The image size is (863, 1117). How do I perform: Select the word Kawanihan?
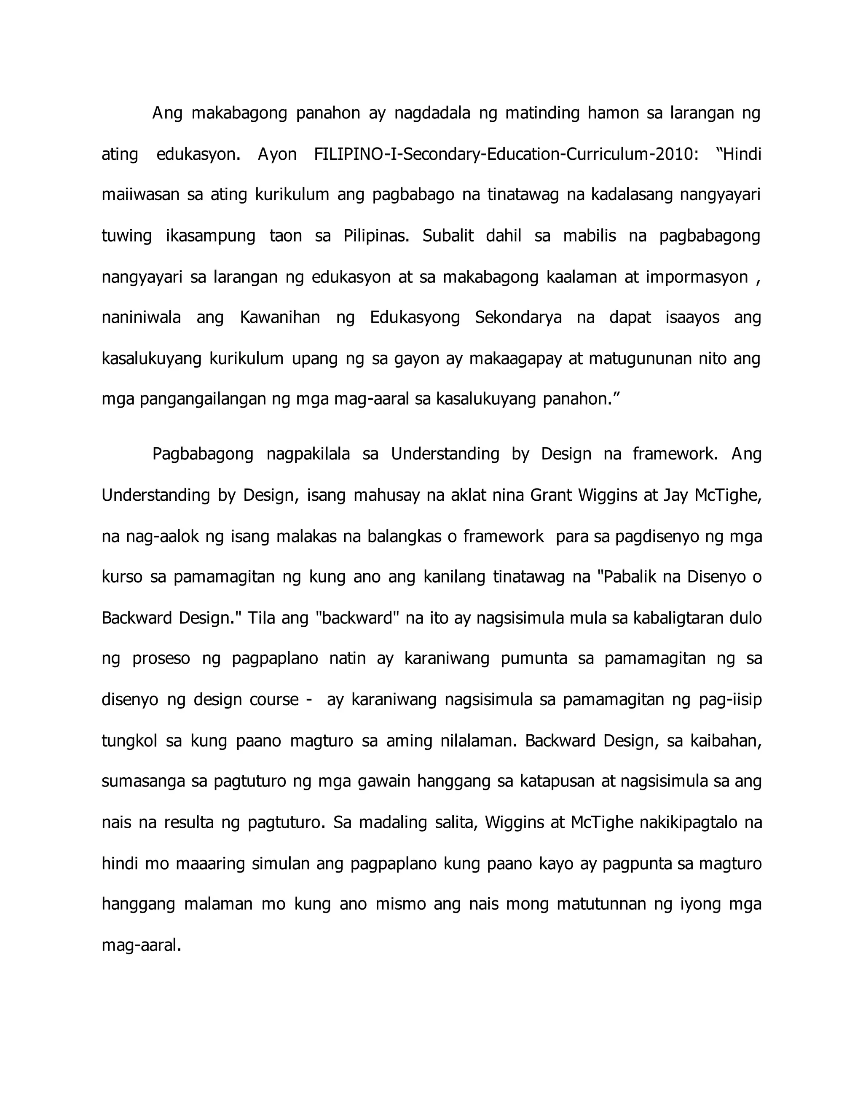point(280,318)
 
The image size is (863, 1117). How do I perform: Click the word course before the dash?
point(274,700)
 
